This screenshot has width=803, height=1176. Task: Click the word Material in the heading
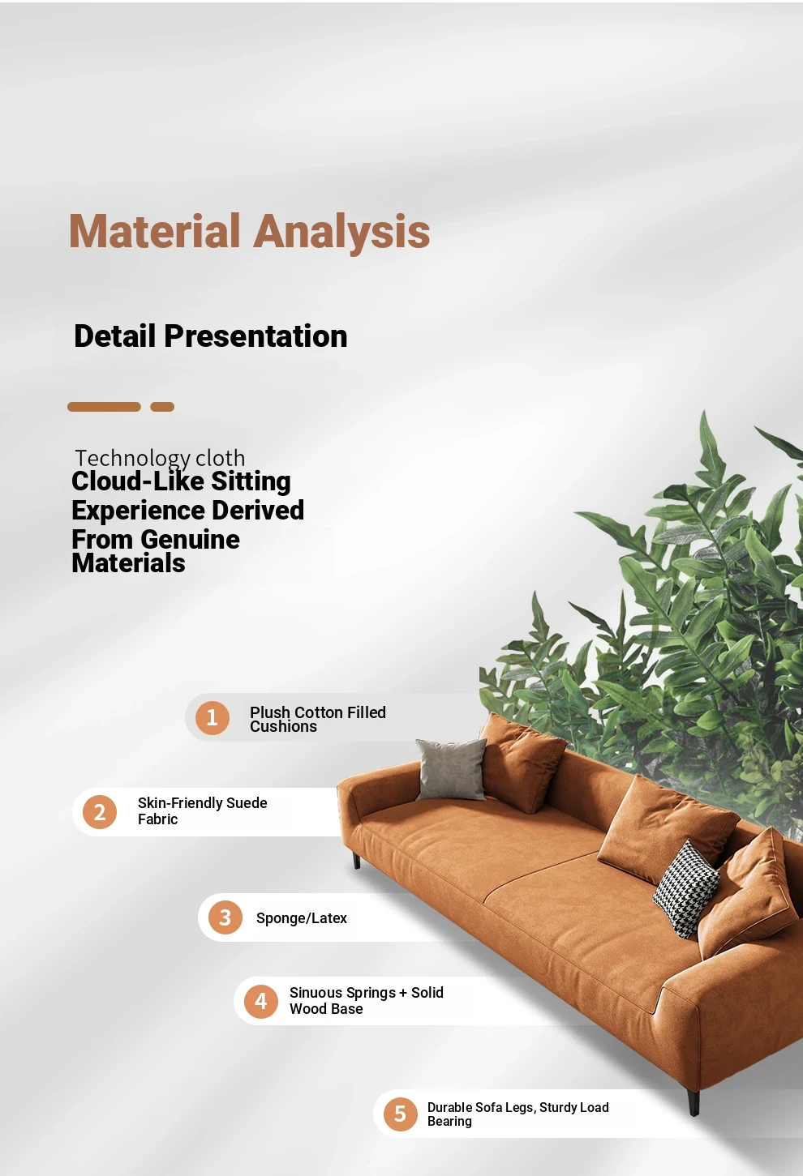pos(154,231)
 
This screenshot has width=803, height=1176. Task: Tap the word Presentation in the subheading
pos(255,336)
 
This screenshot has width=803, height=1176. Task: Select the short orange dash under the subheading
pos(162,407)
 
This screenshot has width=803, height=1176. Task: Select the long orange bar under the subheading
pos(104,407)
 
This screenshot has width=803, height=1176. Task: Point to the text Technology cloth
pos(160,459)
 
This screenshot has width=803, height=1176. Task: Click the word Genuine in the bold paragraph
pos(191,539)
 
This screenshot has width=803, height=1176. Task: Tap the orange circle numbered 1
pos(213,717)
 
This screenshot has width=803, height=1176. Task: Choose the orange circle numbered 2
pos(99,812)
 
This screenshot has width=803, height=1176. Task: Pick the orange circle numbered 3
pos(225,917)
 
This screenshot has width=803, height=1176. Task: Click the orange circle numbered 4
pos(260,1002)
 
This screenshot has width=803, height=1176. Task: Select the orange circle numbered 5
pos(400,1114)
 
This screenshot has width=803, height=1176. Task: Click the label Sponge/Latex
pos(302,918)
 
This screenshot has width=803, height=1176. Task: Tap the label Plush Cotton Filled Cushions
pos(318,719)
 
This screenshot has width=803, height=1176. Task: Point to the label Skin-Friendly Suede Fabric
pos(202,811)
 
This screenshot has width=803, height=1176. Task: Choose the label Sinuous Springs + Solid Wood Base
pos(367,1001)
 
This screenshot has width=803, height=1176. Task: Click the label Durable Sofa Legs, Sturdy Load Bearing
pos(518,1114)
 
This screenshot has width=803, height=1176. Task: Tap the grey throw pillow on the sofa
pos(452,769)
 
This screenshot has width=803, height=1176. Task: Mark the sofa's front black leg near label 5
pos(693,1101)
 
